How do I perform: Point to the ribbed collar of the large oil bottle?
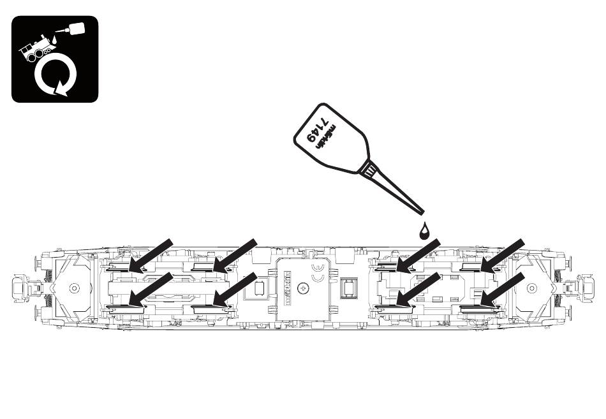pyautogui.click(x=369, y=168)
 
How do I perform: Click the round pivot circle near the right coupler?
pyautogui.click(x=531, y=288)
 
